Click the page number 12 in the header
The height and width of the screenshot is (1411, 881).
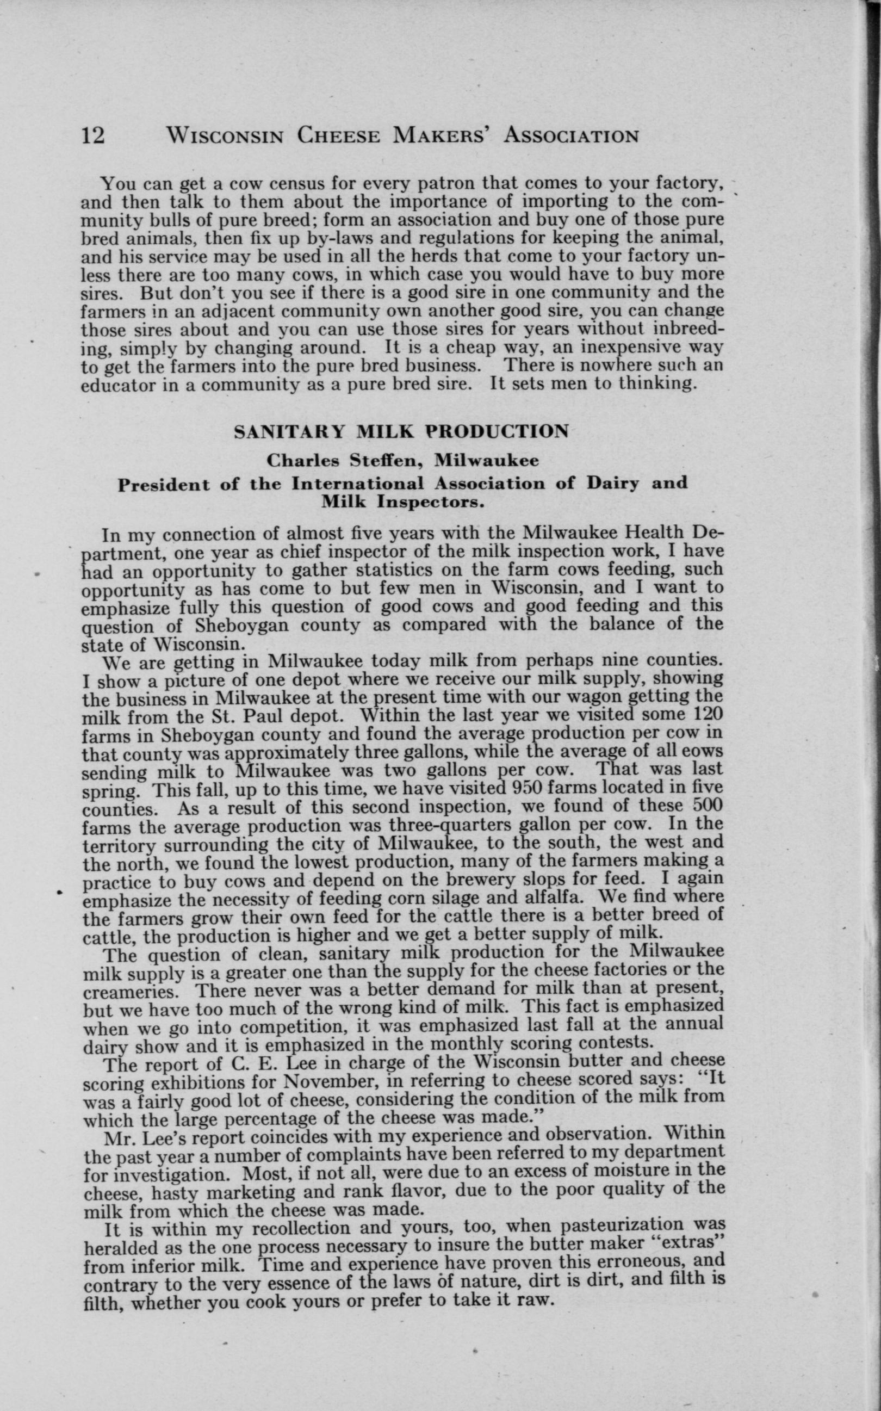click(x=93, y=135)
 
